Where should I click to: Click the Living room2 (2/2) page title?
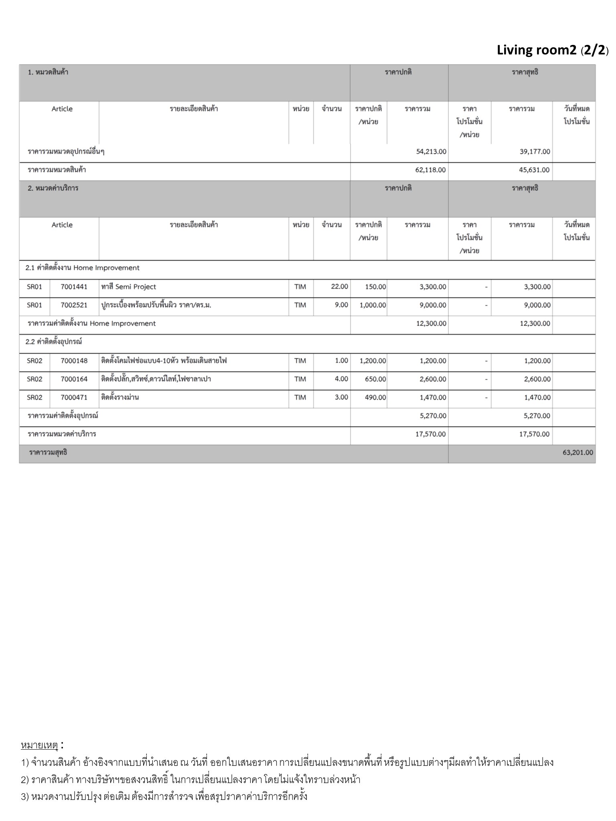pyautogui.click(x=552, y=50)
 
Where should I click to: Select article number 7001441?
pyautogui.click(x=74, y=287)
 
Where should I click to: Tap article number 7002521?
pyautogui.click(x=74, y=305)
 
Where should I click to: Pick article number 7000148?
pyautogui.click(x=74, y=361)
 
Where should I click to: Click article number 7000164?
pyautogui.click(x=74, y=379)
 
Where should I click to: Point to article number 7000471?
pyautogui.click(x=74, y=398)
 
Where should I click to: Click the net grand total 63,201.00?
pyautogui.click(x=577, y=453)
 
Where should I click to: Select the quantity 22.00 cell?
pyautogui.click(x=339, y=287)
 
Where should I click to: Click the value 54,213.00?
pyautogui.click(x=431, y=152)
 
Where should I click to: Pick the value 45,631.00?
pyautogui.click(x=534, y=170)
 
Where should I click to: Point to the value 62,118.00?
pyautogui.click(x=430, y=170)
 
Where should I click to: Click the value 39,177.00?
pyautogui.click(x=535, y=152)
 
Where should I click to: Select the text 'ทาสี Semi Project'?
pyautogui.click(x=129, y=287)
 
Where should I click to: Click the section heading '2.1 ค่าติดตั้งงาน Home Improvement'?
pyautogui.click(x=83, y=268)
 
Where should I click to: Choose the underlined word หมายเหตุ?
pyautogui.click(x=39, y=745)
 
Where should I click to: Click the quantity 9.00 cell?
pyautogui.click(x=341, y=305)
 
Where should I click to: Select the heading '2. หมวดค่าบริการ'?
pyautogui.click(x=53, y=188)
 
